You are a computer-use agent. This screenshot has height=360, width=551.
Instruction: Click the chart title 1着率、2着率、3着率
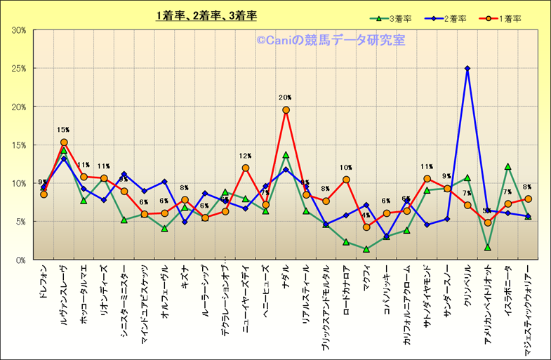pyautogui.click(x=206, y=15)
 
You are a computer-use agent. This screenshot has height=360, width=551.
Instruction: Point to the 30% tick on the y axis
pyautogui.click(x=18, y=30)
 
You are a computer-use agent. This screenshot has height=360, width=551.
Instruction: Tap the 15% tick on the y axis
pyautogui.click(x=18, y=145)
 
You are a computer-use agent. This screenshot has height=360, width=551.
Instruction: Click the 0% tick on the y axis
pyautogui.click(x=20, y=260)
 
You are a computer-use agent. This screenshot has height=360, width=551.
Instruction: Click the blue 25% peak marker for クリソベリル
pyautogui.click(x=467, y=69)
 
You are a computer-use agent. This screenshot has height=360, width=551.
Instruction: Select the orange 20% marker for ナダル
pyautogui.click(x=286, y=110)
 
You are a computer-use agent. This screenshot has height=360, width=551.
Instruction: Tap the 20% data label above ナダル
pyautogui.click(x=285, y=98)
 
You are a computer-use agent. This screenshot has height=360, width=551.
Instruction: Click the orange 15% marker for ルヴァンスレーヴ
pyautogui.click(x=64, y=142)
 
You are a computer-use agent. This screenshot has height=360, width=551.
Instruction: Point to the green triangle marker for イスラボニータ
pyautogui.click(x=507, y=167)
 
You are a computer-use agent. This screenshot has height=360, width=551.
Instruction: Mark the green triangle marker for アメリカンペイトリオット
pyautogui.click(x=487, y=248)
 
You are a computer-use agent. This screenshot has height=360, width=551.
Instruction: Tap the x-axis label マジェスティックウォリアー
pyautogui.click(x=528, y=302)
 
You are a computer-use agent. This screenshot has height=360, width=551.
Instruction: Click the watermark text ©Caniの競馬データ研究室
pyautogui.click(x=330, y=41)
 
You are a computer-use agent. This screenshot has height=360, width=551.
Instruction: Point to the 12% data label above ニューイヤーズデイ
pyautogui.click(x=245, y=156)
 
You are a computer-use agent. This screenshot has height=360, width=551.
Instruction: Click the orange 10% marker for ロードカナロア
pyautogui.click(x=346, y=180)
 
